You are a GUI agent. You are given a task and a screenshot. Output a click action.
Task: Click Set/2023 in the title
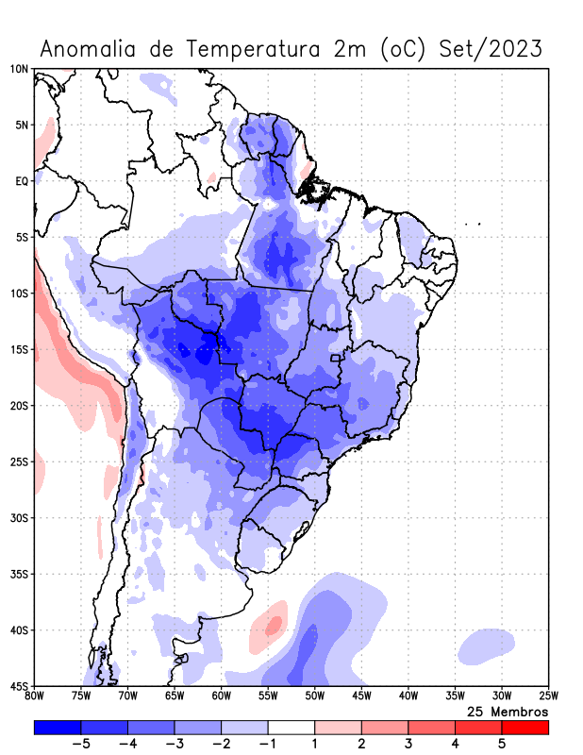pyautogui.click(x=491, y=48)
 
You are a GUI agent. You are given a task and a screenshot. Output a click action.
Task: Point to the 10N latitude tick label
pyautogui.click(x=19, y=69)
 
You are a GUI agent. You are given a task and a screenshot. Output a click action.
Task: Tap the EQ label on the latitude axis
pyautogui.click(x=22, y=180)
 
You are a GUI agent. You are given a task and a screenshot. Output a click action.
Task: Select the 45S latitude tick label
pyautogui.click(x=19, y=685)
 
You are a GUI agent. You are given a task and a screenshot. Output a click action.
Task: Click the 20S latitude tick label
pyautogui.click(x=19, y=406)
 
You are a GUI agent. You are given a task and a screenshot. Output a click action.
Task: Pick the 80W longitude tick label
pyautogui.click(x=34, y=696)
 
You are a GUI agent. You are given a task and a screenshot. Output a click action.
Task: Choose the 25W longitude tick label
pyautogui.click(x=548, y=696)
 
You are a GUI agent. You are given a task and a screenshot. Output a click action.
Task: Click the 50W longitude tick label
pyautogui.click(x=314, y=696)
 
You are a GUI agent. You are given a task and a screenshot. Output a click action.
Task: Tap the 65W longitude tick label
pyautogui.click(x=175, y=696)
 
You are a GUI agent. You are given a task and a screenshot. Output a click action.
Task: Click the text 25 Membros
pyautogui.click(x=508, y=711)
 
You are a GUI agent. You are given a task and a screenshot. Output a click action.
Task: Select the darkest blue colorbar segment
pyautogui.click(x=58, y=728)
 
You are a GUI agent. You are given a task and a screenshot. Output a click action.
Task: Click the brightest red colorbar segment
pyautogui.click(x=525, y=728)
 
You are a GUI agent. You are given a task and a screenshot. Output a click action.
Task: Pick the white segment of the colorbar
pyautogui.click(x=291, y=728)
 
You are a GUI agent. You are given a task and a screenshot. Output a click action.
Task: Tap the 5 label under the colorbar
pyautogui.click(x=502, y=745)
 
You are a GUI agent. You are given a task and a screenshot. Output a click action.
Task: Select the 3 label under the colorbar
pyautogui.click(x=408, y=745)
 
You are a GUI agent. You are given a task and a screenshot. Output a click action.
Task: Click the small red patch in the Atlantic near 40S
pyautogui.click(x=274, y=624)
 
